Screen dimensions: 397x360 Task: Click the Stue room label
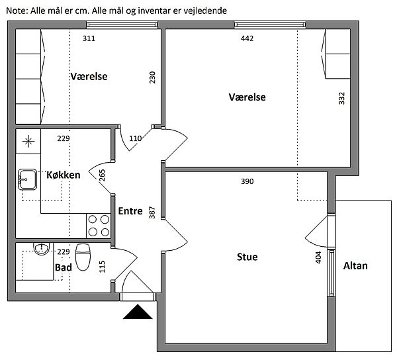(247, 257)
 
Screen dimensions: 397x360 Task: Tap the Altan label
(355, 266)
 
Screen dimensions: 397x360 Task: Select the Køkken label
(64, 175)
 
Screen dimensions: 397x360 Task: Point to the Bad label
(64, 267)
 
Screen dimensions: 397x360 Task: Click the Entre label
(130, 211)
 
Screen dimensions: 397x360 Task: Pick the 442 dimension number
(247, 38)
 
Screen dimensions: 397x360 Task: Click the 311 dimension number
(89, 38)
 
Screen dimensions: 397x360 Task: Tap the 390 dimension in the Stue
(247, 181)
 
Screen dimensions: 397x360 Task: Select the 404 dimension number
(318, 257)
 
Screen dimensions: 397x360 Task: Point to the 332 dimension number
(341, 98)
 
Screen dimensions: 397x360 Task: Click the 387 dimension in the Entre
(152, 212)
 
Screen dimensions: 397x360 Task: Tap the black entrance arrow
(138, 312)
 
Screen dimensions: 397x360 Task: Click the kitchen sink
(28, 179)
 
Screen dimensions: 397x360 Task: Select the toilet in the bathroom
(83, 257)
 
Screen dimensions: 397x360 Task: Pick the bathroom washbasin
(41, 248)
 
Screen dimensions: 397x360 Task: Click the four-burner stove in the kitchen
(99, 226)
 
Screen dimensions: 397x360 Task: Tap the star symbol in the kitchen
(28, 141)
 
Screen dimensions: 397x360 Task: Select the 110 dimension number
(136, 138)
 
